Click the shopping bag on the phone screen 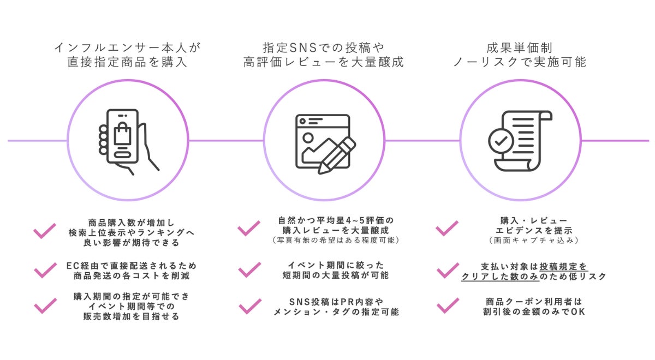coord(123,135)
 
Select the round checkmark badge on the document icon coord(501,141)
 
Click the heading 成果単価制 coord(519,47)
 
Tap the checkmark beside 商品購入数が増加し coord(45,231)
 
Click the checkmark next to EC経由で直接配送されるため coord(45,270)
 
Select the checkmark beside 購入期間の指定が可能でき coord(45,306)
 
